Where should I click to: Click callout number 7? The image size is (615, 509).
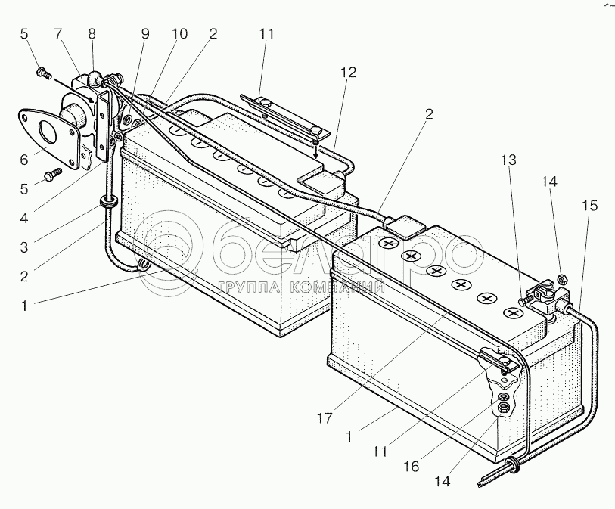coord(57,34)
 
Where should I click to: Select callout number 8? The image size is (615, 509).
coord(92,34)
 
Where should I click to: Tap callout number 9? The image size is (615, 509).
coord(144,34)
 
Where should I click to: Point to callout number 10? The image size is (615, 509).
coord(179,34)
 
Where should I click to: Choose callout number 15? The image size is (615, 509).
coord(589,205)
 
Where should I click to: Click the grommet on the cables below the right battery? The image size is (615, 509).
coord(511,464)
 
